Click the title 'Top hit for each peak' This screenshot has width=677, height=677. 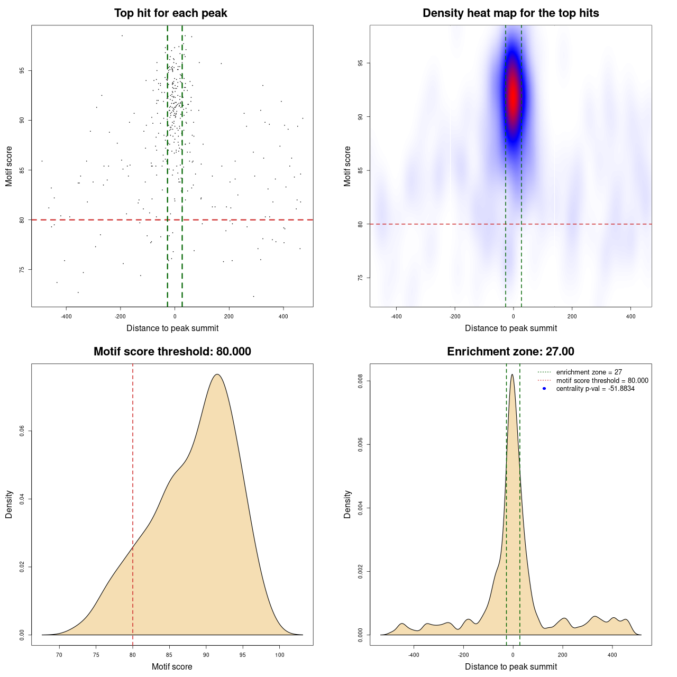(171, 13)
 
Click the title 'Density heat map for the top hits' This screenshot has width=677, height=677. (510, 13)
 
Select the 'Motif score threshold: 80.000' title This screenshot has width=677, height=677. (172, 352)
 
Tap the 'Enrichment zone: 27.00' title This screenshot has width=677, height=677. (510, 352)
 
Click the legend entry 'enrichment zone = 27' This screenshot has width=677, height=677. (589, 372)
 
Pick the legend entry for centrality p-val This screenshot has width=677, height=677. (595, 389)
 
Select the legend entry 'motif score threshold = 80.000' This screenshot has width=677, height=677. (602, 381)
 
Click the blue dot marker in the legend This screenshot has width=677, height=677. (544, 389)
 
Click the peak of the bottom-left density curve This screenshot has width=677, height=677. (217, 374)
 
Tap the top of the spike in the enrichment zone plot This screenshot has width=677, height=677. (512, 375)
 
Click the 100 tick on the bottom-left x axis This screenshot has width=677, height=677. (280, 655)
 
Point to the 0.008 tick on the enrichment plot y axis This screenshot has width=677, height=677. (361, 381)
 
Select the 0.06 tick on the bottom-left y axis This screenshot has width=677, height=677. (22, 431)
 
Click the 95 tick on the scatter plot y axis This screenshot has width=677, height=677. (22, 70)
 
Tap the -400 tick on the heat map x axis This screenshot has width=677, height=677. (396, 316)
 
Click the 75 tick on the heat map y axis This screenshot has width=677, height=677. (361, 278)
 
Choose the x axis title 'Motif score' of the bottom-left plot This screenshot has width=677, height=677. (172, 666)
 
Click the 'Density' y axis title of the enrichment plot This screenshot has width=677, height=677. (347, 504)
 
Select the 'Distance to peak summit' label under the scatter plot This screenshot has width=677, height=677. (172, 328)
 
